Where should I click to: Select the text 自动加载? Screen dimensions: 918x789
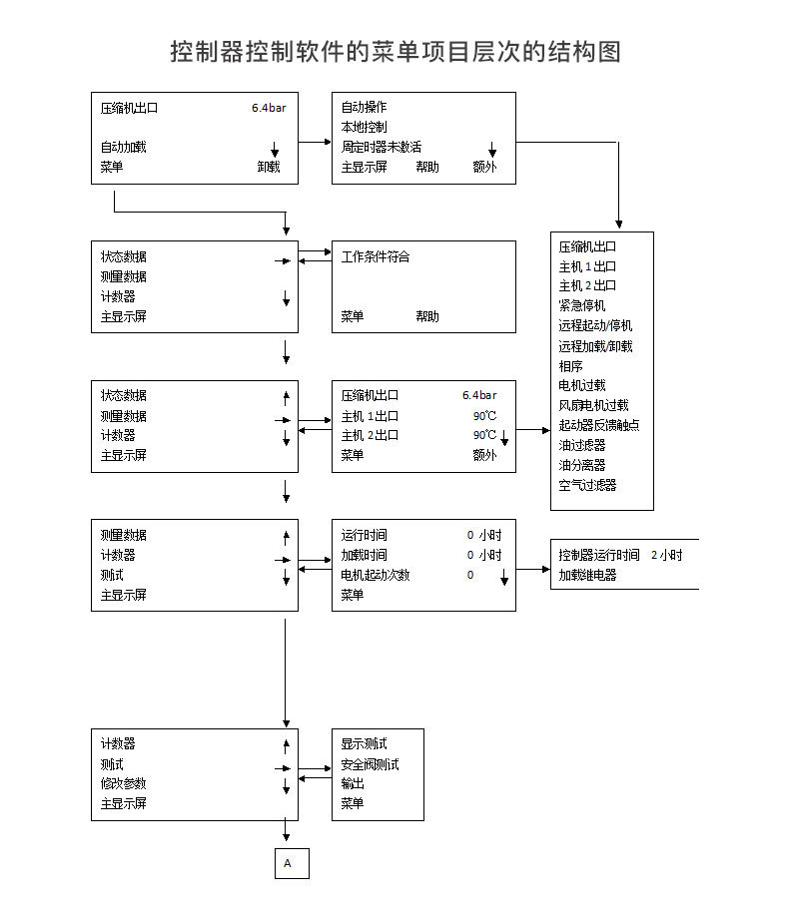(123, 147)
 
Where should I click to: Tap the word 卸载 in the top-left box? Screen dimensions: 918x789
(268, 167)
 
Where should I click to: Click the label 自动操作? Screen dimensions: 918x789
(364, 107)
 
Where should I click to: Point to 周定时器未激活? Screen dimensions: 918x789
(381, 147)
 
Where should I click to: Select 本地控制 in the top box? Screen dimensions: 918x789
(364, 127)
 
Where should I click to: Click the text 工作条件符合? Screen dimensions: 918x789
(375, 256)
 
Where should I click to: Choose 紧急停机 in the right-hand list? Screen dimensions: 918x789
(581, 305)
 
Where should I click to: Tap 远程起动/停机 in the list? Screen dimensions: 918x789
(595, 325)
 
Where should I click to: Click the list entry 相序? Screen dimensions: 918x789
(570, 365)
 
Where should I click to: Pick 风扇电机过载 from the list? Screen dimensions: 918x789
(593, 405)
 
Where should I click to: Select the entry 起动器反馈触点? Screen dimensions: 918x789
(599, 425)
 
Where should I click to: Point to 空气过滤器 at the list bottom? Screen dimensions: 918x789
(587, 485)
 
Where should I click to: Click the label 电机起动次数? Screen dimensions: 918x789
(375, 575)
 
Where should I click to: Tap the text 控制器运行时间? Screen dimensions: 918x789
(599, 555)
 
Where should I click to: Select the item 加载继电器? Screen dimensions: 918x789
(587, 575)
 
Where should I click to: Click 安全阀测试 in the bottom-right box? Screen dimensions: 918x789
(370, 764)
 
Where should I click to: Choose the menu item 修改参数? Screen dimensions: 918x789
(123, 783)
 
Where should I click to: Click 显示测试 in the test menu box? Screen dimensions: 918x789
(364, 744)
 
